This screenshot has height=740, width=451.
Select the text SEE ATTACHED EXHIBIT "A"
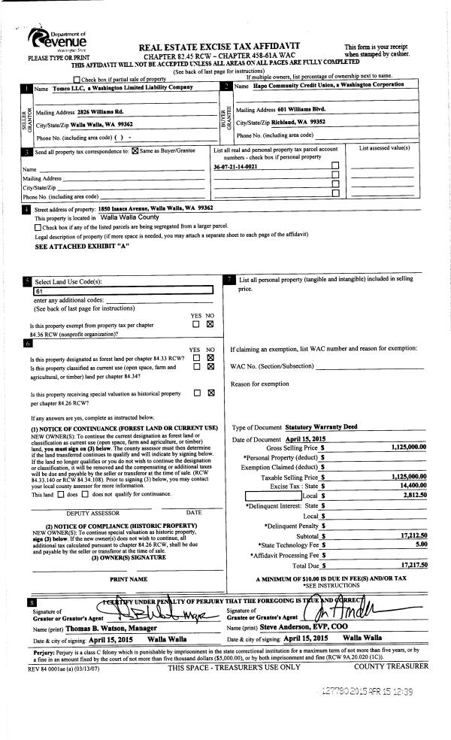tap(83, 246)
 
